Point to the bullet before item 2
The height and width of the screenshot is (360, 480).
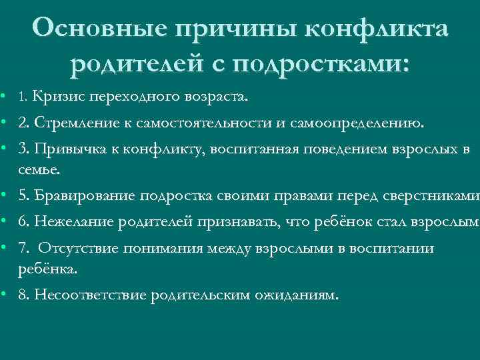click(x=4, y=123)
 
